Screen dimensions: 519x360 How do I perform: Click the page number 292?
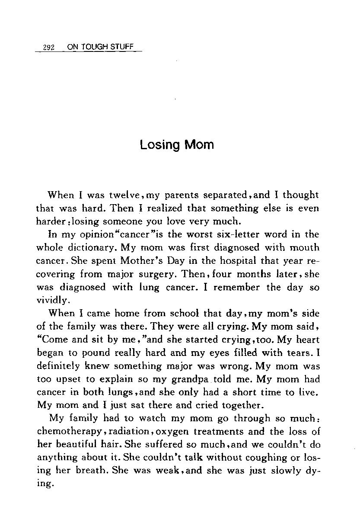[x=48, y=48]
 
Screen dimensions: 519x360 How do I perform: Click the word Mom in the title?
[x=199, y=144]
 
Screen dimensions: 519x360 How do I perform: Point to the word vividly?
[x=52, y=301]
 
